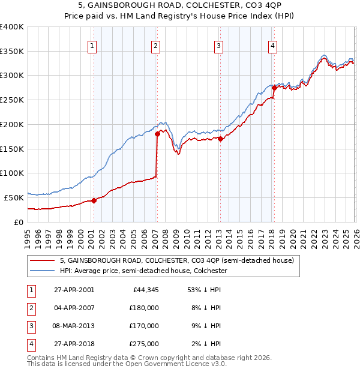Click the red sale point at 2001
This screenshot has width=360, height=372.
tap(94, 200)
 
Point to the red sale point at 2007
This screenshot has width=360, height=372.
tap(157, 134)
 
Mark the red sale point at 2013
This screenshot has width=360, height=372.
tap(220, 139)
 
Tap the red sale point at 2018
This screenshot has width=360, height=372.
tap(274, 88)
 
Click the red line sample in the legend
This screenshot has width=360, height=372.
tap(43, 261)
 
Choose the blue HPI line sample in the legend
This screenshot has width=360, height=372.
tap(43, 271)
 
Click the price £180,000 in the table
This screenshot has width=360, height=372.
tap(144, 308)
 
